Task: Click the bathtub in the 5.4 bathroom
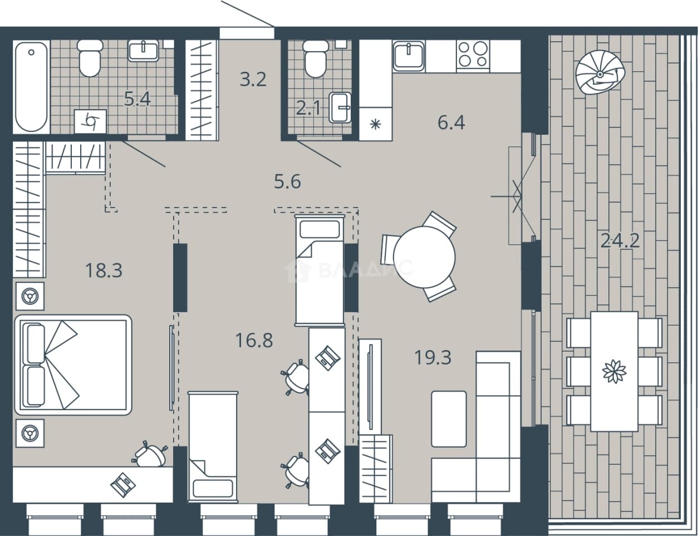(x=31, y=87)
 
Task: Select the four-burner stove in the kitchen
(x=473, y=55)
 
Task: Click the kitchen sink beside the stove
(x=409, y=56)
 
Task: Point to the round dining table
(x=424, y=257)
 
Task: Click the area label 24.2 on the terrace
(x=620, y=240)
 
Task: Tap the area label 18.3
(x=104, y=270)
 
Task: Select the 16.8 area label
(x=254, y=341)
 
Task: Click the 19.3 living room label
(x=433, y=357)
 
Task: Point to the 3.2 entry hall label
(x=253, y=80)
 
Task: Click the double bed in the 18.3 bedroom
(x=73, y=365)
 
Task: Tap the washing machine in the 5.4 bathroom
(x=90, y=121)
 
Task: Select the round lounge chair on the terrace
(x=600, y=76)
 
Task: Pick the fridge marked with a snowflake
(x=376, y=124)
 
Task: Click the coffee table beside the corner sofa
(x=449, y=419)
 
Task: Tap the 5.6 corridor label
(x=287, y=182)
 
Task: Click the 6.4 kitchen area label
(x=451, y=122)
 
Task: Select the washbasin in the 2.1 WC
(x=340, y=108)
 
